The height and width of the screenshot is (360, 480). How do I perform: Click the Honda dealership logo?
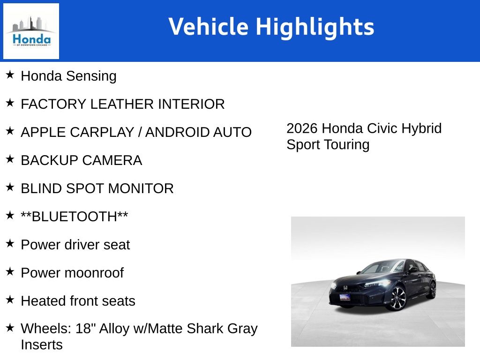pyautogui.click(x=31, y=31)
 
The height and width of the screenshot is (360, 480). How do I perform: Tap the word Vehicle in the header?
pyautogui.click(x=208, y=26)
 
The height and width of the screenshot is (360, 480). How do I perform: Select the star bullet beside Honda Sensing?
pyautogui.click(x=10, y=75)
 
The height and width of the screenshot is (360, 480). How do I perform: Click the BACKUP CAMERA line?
pyautogui.click(x=81, y=160)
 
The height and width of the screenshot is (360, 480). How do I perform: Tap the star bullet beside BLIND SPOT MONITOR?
pyautogui.click(x=10, y=187)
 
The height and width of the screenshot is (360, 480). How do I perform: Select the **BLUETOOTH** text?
pyautogui.click(x=75, y=217)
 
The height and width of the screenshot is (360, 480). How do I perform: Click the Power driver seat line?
pyautogui.click(x=75, y=245)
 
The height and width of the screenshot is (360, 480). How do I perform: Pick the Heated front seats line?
pyautogui.click(x=78, y=301)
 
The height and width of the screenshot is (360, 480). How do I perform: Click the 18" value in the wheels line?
pyautogui.click(x=84, y=329)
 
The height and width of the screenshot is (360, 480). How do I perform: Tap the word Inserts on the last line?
pyautogui.click(x=41, y=345)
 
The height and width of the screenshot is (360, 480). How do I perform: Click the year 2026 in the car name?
pyautogui.click(x=302, y=128)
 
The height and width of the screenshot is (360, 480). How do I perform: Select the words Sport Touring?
pyautogui.click(x=328, y=144)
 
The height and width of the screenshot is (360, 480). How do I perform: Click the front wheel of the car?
pyautogui.click(x=397, y=298)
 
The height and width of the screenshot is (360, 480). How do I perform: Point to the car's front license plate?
pyautogui.click(x=345, y=297)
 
